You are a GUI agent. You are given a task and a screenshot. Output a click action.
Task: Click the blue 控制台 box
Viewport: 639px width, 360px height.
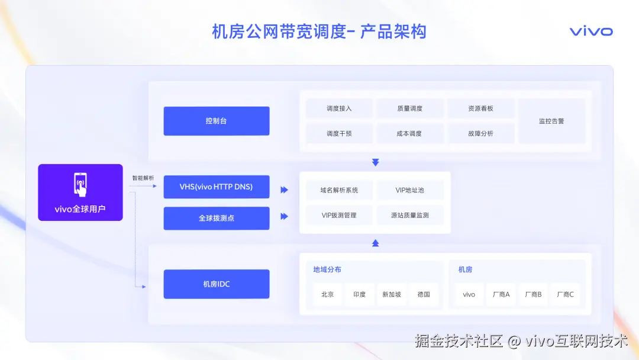click(x=216, y=121)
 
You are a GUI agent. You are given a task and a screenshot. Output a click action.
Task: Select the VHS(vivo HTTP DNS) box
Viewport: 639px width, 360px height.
click(x=216, y=187)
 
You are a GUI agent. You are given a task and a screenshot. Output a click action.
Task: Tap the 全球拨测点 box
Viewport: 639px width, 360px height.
click(x=216, y=218)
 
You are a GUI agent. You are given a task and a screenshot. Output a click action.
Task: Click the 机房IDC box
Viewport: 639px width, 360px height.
click(x=216, y=284)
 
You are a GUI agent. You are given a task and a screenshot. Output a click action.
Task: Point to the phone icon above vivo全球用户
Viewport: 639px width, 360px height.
click(x=80, y=184)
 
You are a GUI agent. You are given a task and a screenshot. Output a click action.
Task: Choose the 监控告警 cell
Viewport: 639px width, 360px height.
click(x=551, y=121)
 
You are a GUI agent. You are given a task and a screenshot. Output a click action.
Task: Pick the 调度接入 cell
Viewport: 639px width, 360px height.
click(x=339, y=108)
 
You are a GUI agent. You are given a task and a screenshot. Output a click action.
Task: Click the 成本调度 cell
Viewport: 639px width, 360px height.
click(x=409, y=133)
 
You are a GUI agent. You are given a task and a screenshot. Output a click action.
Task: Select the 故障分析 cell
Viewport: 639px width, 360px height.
click(x=480, y=133)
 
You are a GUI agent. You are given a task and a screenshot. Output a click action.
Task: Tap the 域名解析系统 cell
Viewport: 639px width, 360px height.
click(x=339, y=190)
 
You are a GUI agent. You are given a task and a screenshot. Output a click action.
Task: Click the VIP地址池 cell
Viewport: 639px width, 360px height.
click(x=409, y=190)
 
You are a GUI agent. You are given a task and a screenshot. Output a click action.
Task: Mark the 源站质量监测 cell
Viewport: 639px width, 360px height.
click(x=409, y=215)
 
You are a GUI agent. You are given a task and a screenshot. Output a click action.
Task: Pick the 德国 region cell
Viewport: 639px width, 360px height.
click(x=424, y=294)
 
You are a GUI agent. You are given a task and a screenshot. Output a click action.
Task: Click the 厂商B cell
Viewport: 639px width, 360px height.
click(x=533, y=294)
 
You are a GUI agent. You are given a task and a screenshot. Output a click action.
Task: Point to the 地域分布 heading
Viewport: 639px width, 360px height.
click(x=327, y=269)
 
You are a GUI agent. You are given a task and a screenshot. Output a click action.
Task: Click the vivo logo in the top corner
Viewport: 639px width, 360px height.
click(x=591, y=31)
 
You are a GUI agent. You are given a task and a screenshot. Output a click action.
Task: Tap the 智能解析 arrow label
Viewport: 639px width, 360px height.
click(x=143, y=178)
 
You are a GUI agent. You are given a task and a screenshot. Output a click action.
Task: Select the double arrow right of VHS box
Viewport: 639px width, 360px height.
click(x=284, y=190)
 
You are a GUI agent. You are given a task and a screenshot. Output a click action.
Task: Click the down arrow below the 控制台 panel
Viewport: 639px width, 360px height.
click(x=375, y=162)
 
